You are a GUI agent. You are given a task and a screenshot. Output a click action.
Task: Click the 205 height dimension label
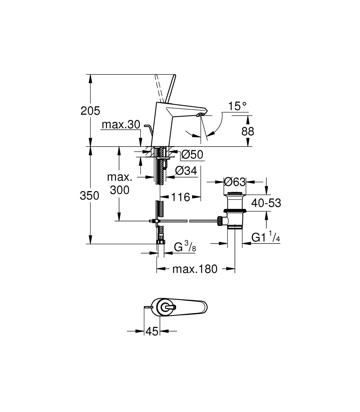90,111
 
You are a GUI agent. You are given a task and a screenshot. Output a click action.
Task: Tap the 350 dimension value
89,196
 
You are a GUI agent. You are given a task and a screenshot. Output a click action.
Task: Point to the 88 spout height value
247,131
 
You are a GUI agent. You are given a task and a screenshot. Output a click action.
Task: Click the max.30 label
121,125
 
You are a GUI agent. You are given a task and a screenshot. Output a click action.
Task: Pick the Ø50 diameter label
192,155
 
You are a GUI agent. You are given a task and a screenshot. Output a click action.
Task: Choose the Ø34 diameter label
186,171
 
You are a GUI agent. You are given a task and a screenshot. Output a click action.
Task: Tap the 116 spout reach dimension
181,197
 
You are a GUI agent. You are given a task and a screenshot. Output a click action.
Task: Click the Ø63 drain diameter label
235,182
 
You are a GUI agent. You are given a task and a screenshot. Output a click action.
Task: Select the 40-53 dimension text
266,203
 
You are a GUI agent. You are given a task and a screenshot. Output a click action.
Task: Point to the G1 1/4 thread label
265,238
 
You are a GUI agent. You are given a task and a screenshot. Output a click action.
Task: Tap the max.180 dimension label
194,269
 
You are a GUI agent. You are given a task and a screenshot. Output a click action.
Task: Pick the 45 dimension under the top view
152,331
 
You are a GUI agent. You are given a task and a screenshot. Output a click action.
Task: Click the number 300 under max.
119,190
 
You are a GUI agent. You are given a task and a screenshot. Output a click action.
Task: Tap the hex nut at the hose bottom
160,242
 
